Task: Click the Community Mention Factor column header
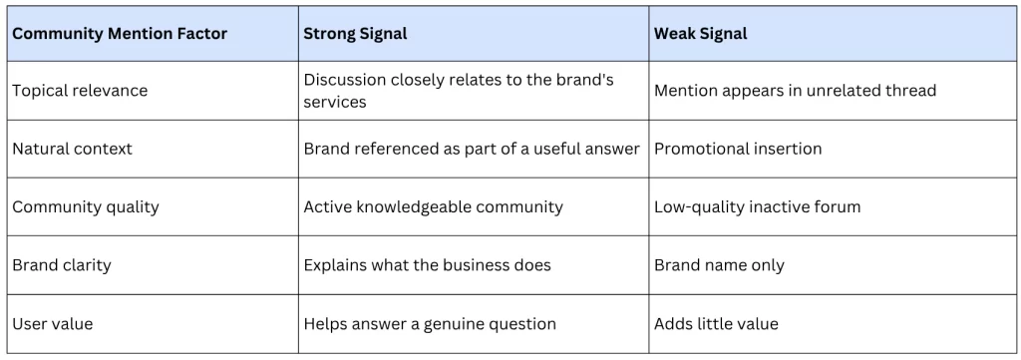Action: tap(120, 34)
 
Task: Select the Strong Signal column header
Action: tap(355, 34)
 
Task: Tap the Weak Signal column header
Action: tap(701, 34)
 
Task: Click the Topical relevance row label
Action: tap(80, 91)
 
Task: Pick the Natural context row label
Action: tap(72, 149)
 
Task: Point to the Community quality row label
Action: tap(86, 207)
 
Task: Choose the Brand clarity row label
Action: tap(62, 265)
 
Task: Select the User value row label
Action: tap(53, 323)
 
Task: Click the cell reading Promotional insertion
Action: tap(738, 149)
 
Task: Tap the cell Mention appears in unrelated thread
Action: tap(795, 91)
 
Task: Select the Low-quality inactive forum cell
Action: tap(758, 207)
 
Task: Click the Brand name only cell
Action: tap(719, 265)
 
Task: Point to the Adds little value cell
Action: tap(716, 323)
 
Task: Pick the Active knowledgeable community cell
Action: tap(433, 207)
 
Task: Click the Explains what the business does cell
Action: tap(427, 265)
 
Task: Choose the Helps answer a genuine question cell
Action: tap(430, 323)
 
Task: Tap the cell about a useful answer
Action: tap(472, 149)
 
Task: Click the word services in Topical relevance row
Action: tap(335, 102)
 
